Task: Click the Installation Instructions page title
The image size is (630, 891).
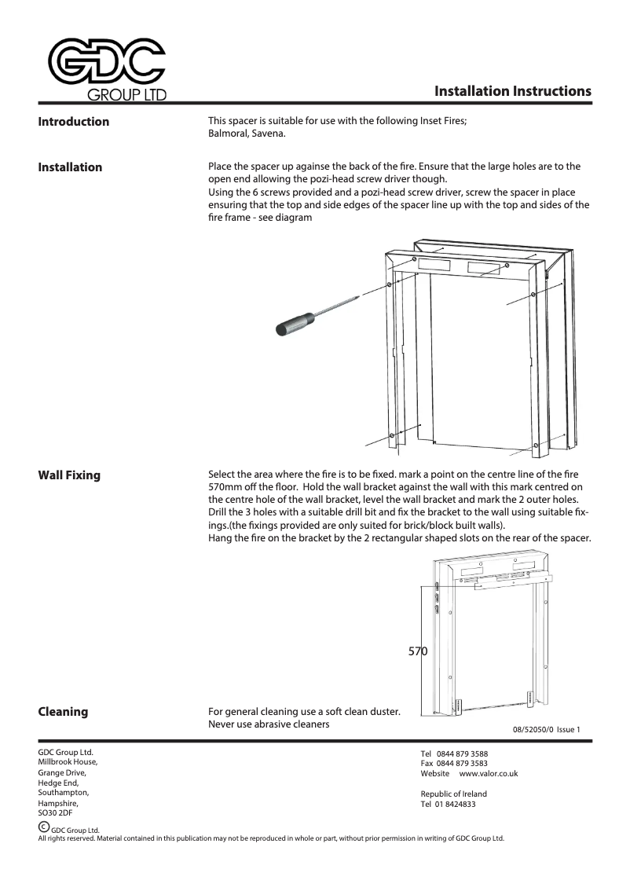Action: click(512, 91)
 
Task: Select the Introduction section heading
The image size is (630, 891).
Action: click(74, 122)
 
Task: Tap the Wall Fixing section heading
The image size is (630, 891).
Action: click(69, 475)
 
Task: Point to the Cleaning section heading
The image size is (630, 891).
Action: click(63, 712)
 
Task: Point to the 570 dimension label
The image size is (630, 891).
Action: click(418, 651)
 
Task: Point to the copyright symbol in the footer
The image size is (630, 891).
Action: click(44, 827)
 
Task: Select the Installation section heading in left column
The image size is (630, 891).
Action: click(70, 167)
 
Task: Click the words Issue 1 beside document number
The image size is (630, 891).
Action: click(568, 730)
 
